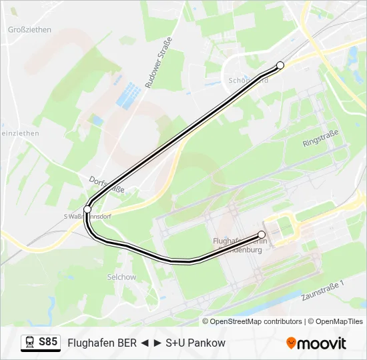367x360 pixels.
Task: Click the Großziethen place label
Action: [29, 30]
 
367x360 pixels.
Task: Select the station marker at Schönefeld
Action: [280, 65]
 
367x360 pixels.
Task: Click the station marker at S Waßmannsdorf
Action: [87, 209]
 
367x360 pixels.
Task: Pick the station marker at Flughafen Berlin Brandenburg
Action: [262, 235]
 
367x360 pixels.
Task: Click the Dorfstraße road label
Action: [106, 185]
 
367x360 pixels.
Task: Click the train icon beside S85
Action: [30, 343]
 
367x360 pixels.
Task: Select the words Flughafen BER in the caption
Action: [102, 343]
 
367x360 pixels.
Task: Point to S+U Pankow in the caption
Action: [196, 343]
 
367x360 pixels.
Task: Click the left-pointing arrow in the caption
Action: [144, 343]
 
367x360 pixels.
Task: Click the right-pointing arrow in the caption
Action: [157, 343]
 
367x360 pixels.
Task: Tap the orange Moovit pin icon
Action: [291, 343]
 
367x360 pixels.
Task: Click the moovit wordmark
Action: [322, 343]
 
